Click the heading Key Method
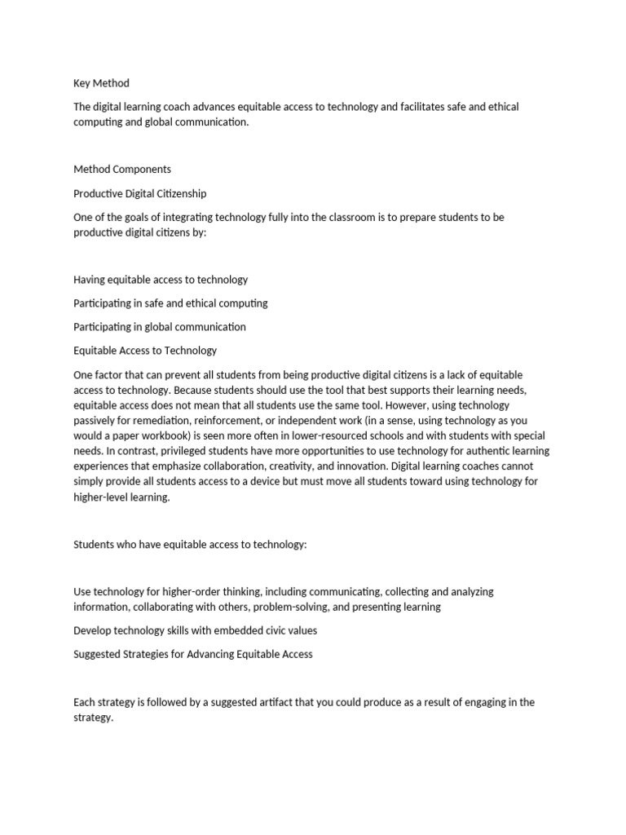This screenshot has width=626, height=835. point(101,83)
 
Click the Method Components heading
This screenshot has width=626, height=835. point(122,170)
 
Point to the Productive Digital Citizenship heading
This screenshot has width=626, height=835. point(139,193)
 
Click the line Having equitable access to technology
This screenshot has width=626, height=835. point(161,280)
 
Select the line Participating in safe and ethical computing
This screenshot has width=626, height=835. point(170,303)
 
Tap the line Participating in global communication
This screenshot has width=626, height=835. point(160,327)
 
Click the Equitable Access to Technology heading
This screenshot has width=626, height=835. point(145,351)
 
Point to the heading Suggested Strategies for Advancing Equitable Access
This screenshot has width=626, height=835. point(193,654)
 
